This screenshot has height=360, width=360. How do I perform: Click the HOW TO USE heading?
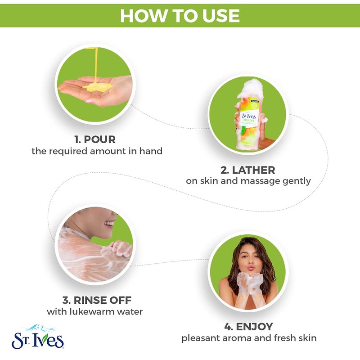point(180,16)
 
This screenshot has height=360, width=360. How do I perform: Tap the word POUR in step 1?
point(99,139)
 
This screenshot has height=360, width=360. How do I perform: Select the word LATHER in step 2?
point(253,170)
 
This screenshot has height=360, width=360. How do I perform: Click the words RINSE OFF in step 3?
point(103,300)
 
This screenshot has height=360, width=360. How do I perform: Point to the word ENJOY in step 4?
point(254,327)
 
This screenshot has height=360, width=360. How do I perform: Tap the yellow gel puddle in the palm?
point(98,87)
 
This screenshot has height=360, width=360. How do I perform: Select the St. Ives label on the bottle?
point(249,116)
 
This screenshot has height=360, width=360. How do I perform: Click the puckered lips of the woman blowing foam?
point(251,268)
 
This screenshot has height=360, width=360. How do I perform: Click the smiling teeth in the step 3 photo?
point(110,223)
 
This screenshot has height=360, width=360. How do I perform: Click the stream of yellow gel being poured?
point(96,64)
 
